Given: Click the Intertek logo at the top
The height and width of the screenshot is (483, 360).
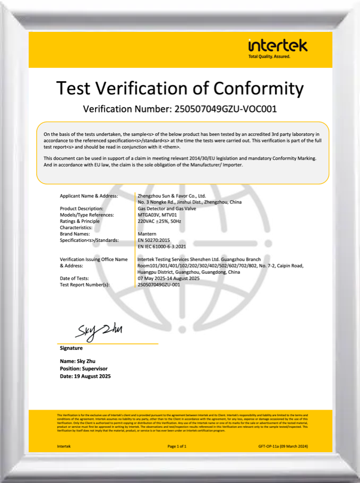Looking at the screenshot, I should point(277,47).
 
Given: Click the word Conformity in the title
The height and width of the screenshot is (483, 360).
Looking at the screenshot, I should point(258,88).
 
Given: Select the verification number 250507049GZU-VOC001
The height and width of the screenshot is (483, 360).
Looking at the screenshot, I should point(222,109).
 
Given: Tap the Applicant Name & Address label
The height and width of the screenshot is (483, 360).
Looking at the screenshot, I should point(88,196).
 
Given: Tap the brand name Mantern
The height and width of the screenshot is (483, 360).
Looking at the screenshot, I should point(147,234).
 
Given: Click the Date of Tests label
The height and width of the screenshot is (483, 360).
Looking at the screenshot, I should point(74,278).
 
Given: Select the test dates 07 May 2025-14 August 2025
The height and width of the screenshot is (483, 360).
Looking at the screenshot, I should point(168,278).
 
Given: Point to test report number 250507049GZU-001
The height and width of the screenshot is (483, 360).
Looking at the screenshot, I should point(159,284).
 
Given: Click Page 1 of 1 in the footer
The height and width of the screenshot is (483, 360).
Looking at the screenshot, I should point(177,446).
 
